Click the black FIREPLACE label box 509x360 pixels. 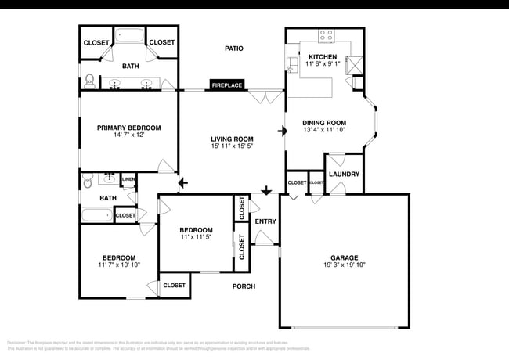click(226, 85)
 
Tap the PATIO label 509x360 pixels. click(233, 49)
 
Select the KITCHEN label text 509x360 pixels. click(323, 57)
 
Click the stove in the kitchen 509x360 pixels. click(327, 35)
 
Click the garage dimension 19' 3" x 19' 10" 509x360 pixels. click(344, 265)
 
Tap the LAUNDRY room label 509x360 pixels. click(344, 174)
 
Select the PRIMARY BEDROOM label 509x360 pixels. click(129, 128)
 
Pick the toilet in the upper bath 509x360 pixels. click(89, 79)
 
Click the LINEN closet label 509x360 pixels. click(128, 179)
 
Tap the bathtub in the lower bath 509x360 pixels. click(97, 214)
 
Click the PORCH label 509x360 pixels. click(244, 286)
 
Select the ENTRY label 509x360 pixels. click(265, 221)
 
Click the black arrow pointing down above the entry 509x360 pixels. click(266, 190)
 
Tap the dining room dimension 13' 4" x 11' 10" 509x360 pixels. click(325, 131)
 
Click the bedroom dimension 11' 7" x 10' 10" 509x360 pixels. click(118, 266)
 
